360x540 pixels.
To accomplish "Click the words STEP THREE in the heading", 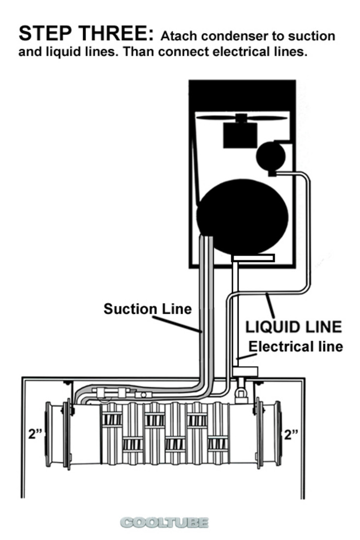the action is click(86, 33).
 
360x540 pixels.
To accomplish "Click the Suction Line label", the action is click(148, 309).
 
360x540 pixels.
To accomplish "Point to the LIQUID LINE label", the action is click(294, 327).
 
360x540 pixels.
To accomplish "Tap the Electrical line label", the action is click(296, 346).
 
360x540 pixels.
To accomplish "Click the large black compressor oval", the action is click(242, 216).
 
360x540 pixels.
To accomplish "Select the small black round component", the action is click(271, 156).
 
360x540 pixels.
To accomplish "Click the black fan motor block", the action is click(240, 135).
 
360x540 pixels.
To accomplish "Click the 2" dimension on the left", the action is click(34, 434).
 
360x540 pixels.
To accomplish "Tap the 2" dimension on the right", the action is click(291, 435).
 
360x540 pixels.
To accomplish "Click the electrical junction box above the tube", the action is click(245, 372).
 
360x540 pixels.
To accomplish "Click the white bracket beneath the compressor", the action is click(254, 258).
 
